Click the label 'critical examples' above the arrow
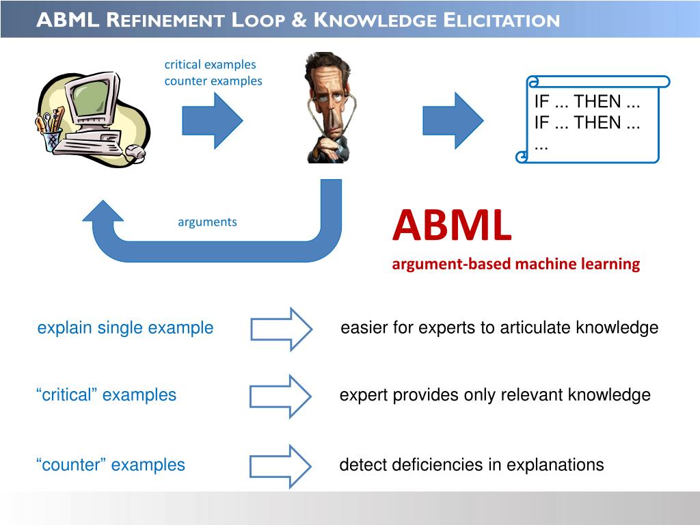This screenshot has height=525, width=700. [x=210, y=64]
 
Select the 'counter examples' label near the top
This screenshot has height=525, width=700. [x=213, y=81]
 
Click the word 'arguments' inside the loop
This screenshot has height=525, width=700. [x=207, y=221]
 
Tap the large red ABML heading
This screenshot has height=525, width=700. [x=451, y=226]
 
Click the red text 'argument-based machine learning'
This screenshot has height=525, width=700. [x=515, y=264]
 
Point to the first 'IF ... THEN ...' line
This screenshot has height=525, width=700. [x=587, y=102]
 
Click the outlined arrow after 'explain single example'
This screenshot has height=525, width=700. [x=281, y=329]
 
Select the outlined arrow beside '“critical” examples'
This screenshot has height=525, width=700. [x=280, y=396]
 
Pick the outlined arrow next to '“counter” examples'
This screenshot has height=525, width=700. [x=280, y=466]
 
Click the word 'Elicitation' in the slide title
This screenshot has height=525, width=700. [x=501, y=20]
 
